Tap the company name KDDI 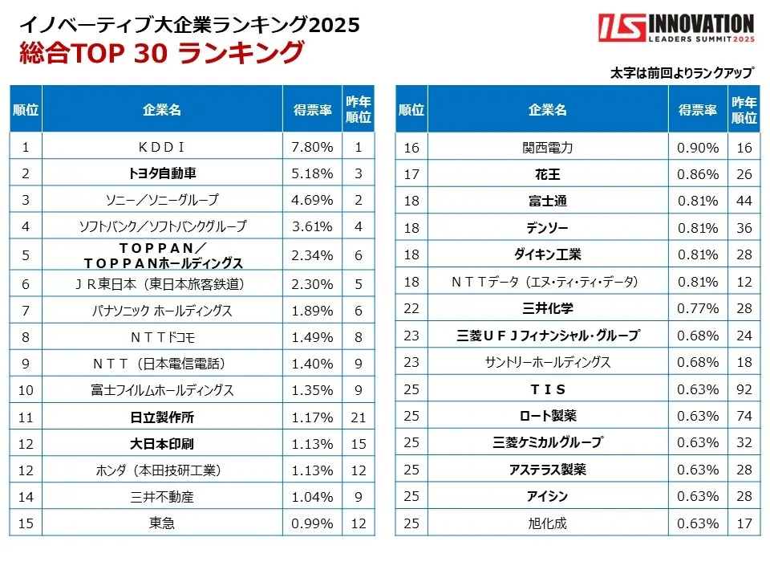tap(162, 147)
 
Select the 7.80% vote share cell tap(312, 147)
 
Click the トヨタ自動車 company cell tap(162, 173)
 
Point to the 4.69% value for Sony tap(312, 200)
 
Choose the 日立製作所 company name tap(162, 417)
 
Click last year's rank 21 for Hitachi tap(359, 417)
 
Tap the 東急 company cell tap(162, 523)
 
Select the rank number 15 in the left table tap(26, 523)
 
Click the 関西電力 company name tap(548, 147)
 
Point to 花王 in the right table tap(548, 173)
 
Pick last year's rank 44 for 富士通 tap(744, 201)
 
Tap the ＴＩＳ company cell tap(548, 389)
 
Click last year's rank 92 tap(744, 389)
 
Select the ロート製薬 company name tap(548, 416)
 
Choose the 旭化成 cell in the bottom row tap(548, 523)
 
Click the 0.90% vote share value tap(698, 147)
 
